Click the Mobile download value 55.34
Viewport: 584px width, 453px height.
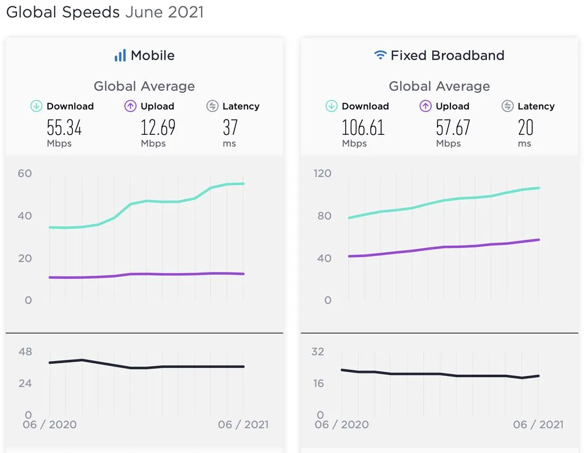pos(64,128)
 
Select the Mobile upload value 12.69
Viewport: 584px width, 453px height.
pos(158,128)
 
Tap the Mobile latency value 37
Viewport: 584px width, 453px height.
pos(230,128)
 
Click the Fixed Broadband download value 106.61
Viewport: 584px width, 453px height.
pos(363,128)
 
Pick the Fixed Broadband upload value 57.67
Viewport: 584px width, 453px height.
pos(453,128)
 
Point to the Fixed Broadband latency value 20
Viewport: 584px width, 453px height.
pos(525,128)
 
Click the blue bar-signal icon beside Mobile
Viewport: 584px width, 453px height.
pos(120,55)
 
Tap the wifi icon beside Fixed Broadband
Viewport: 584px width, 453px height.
pos(380,55)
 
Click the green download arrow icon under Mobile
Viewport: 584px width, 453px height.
pos(36,106)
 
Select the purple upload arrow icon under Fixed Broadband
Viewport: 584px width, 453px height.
pos(425,106)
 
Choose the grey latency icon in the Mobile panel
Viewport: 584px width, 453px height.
pos(212,106)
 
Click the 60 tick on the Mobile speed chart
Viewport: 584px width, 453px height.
pos(25,173)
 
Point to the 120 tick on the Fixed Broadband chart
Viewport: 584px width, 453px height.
pos(322,173)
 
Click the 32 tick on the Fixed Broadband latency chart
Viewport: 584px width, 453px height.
pos(318,351)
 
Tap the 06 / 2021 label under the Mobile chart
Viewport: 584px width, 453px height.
pos(243,424)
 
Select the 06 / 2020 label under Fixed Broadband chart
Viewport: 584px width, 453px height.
pos(342,424)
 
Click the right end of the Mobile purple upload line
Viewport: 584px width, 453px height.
pos(244,274)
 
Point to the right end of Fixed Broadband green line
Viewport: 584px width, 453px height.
pos(539,188)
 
